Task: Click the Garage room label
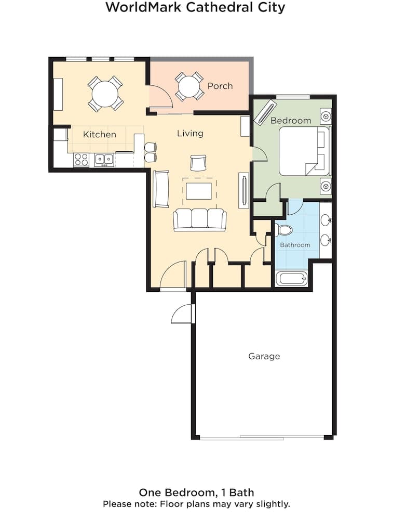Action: click(x=264, y=356)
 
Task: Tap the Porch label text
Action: click(x=220, y=86)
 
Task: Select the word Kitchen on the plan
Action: click(x=100, y=135)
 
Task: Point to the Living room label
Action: click(x=190, y=134)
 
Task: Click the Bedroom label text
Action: click(x=291, y=121)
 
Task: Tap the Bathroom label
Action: click(x=295, y=245)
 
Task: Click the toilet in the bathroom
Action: click(x=283, y=230)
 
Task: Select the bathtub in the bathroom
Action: click(x=291, y=278)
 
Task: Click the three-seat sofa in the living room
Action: click(x=200, y=219)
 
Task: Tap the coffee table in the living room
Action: click(x=198, y=191)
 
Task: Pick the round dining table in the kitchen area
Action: click(x=105, y=94)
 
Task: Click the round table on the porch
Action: click(x=189, y=86)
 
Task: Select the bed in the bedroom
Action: click(x=304, y=151)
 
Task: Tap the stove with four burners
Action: click(x=81, y=160)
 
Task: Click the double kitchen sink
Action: click(x=104, y=159)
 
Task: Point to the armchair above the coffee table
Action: click(x=198, y=163)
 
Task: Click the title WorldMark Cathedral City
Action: click(x=195, y=7)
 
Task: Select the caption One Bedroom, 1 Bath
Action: click(x=196, y=492)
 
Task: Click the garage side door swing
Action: click(x=182, y=314)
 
